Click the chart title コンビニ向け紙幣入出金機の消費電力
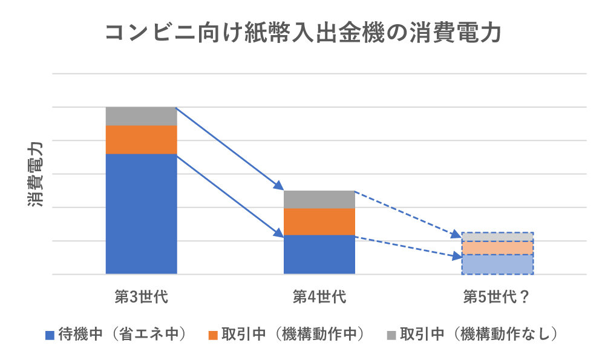click(x=302, y=34)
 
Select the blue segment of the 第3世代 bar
click(x=141, y=214)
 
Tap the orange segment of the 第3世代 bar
click(x=141, y=140)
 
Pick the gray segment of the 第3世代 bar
click(x=141, y=116)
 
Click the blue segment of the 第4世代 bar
click(x=319, y=254)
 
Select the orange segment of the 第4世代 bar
click(x=319, y=221)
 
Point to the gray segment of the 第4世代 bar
click(x=319, y=200)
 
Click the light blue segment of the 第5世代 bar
click(x=497, y=264)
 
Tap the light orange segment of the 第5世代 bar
click(x=497, y=248)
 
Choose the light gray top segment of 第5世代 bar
click(x=497, y=237)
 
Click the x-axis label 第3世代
click(x=141, y=297)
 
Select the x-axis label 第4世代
click(x=319, y=297)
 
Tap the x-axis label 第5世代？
click(x=497, y=297)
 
